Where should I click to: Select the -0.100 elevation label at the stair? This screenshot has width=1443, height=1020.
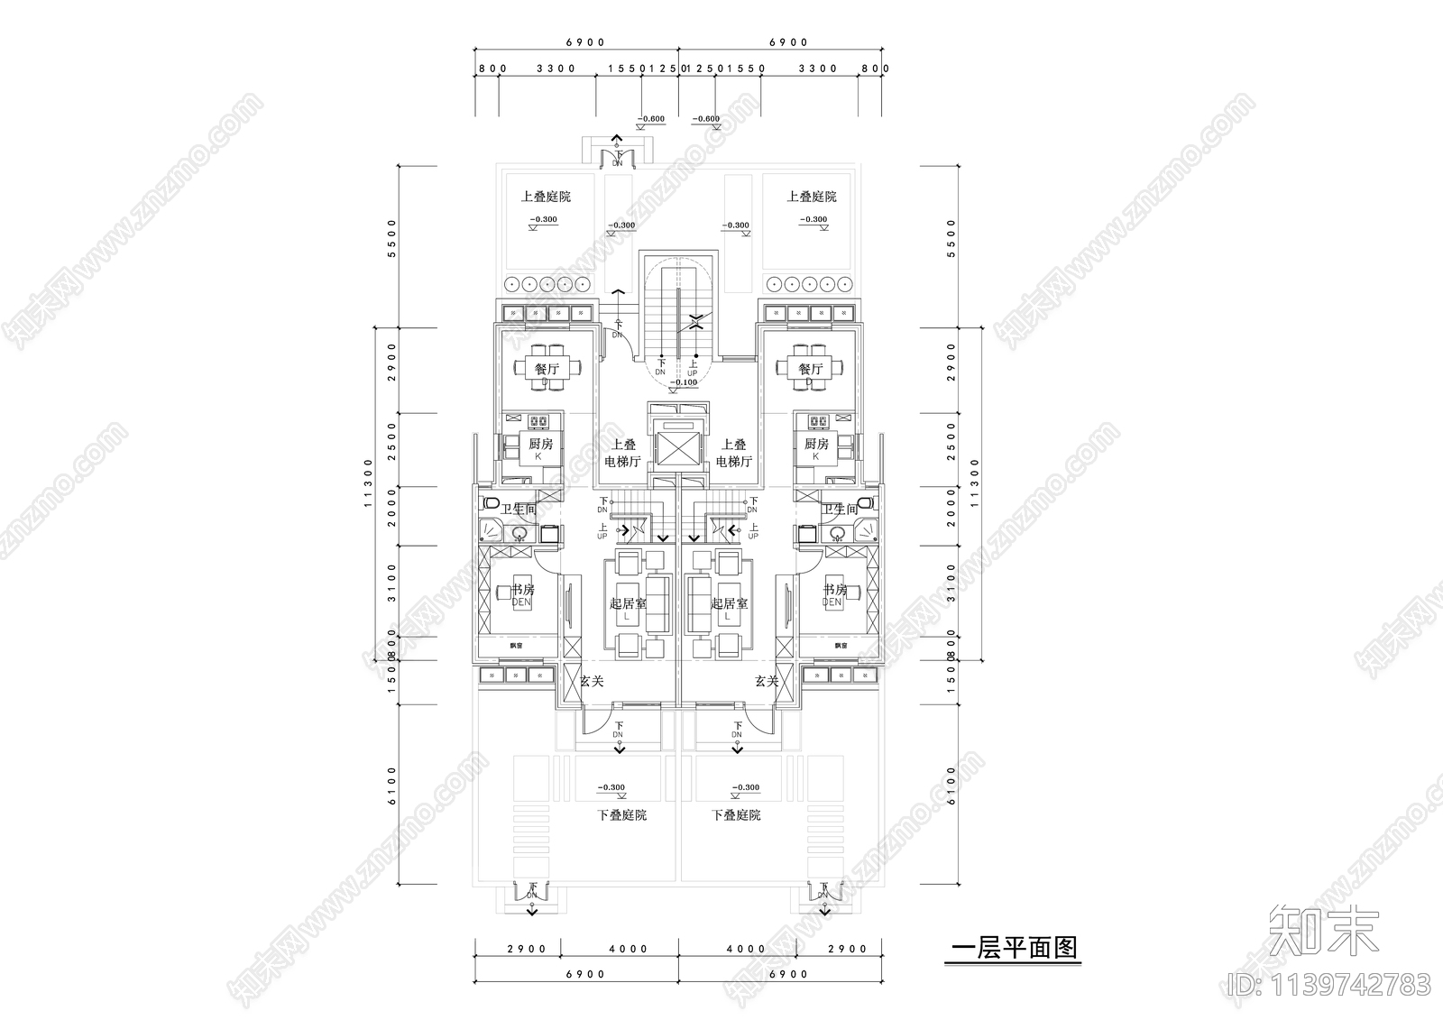685,382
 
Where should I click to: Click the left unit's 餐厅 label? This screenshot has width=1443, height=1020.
547,369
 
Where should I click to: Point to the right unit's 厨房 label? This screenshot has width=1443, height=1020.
815,445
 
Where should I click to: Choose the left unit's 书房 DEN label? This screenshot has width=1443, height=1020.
522,594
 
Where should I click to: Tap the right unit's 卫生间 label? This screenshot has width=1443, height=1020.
839,510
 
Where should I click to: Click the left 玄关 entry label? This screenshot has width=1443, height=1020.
591,682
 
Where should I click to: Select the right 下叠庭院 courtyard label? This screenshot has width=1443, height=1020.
736,815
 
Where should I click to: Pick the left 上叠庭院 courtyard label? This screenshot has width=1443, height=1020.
545,197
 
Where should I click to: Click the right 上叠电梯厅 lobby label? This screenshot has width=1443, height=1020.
734,453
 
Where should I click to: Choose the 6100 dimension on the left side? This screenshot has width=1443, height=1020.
391,786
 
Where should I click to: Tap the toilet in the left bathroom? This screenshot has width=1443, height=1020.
492,502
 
